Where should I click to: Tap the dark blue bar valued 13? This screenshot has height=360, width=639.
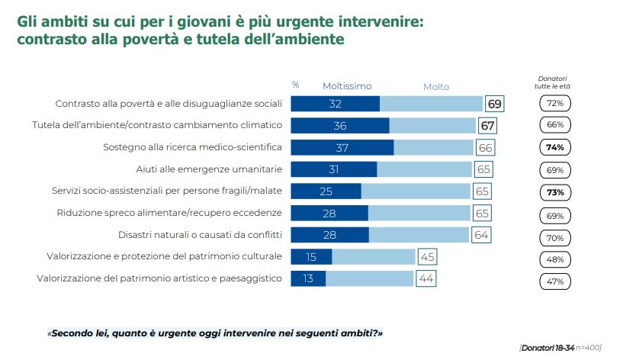click(x=308, y=278)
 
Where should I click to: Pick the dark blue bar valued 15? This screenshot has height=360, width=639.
click(x=311, y=256)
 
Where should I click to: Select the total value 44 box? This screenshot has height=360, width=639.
click(x=426, y=278)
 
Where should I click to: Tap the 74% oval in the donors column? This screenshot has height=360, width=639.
click(x=554, y=147)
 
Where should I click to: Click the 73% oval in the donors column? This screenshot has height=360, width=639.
click(x=554, y=191)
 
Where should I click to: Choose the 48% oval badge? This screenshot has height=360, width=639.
click(x=554, y=259)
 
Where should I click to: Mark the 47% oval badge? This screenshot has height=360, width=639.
click(x=554, y=281)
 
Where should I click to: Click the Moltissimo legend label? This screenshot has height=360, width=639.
click(x=346, y=86)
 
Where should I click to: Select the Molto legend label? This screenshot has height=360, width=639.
click(x=436, y=87)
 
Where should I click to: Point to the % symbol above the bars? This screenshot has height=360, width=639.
click(x=295, y=85)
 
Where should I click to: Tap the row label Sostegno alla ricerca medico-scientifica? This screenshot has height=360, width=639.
click(x=193, y=146)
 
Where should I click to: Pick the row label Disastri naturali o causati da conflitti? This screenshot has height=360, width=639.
click(x=201, y=235)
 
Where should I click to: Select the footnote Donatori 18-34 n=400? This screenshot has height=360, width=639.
click(x=560, y=348)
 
